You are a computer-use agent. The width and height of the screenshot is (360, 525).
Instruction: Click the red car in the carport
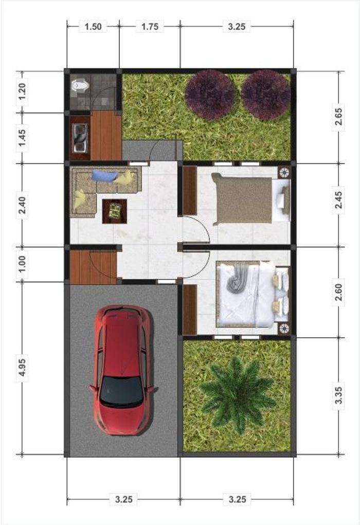pyautogui.click(x=122, y=370)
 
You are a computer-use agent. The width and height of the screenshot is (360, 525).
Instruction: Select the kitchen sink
pyautogui.click(x=80, y=138)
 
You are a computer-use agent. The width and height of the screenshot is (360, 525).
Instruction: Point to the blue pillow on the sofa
pyautogui.click(x=105, y=176)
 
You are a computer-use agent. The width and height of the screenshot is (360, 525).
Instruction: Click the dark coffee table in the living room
pyautogui.click(x=115, y=211)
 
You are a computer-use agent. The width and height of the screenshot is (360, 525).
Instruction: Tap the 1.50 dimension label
pyautogui.click(x=93, y=26)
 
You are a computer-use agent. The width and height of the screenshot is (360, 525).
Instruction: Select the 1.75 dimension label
pyautogui.click(x=150, y=26)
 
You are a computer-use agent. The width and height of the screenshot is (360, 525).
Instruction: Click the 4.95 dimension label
pyautogui.click(x=22, y=367)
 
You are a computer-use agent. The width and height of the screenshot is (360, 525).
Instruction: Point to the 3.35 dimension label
pyautogui.click(x=338, y=395)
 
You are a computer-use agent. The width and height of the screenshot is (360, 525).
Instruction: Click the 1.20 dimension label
pyautogui.click(x=22, y=92)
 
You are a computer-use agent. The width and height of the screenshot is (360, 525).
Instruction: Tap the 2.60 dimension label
pyautogui.click(x=338, y=292)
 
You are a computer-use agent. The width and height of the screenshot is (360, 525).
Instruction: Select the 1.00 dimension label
pyautogui.click(x=22, y=264)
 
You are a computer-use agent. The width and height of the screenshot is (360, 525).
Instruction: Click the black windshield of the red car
pyautogui.click(x=121, y=392)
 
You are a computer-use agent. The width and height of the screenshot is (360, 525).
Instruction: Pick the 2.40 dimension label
pyautogui.click(x=22, y=205)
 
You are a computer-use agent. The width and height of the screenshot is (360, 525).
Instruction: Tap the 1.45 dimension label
pyautogui.click(x=22, y=138)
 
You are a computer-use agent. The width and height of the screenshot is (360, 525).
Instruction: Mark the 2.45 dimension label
pyautogui.click(x=338, y=200)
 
